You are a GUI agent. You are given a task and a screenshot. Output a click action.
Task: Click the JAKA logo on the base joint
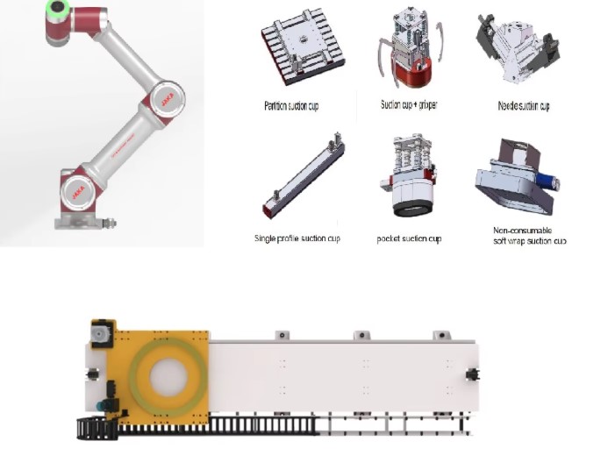pos(78,192)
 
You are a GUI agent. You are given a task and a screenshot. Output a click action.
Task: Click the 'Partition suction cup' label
pos(291,106)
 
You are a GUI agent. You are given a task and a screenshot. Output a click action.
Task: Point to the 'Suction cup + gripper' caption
pos(409,104)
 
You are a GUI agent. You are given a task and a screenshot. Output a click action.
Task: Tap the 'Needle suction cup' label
pos(524,106)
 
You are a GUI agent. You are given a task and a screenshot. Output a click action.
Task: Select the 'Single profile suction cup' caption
pos(297,239)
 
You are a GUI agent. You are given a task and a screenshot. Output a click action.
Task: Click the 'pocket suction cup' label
pos(409,239)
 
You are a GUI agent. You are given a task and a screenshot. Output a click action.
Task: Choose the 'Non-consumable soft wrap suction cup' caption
pos(530,236)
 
